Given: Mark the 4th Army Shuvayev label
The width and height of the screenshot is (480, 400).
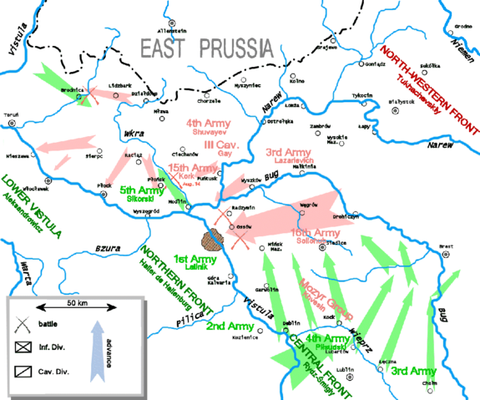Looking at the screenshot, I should coord(210,127).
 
